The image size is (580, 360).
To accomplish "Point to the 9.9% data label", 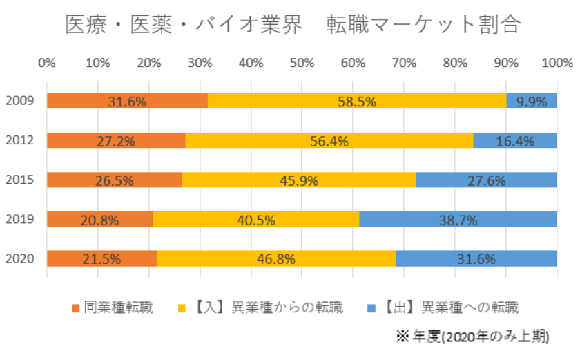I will click(x=532, y=102).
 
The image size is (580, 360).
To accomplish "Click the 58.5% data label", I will click(x=357, y=102).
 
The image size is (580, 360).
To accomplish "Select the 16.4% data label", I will click(x=514, y=141).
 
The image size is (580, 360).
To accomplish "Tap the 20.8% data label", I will click(x=101, y=220).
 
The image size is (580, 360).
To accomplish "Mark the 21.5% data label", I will click(x=102, y=260).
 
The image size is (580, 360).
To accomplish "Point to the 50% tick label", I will click(x=302, y=63).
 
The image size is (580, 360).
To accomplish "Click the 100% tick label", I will click(x=557, y=63).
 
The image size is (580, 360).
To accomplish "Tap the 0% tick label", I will click(x=47, y=63).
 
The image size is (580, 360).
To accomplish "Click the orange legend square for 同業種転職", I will click(x=76, y=306).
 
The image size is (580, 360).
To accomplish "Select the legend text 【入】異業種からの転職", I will click(x=264, y=306).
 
